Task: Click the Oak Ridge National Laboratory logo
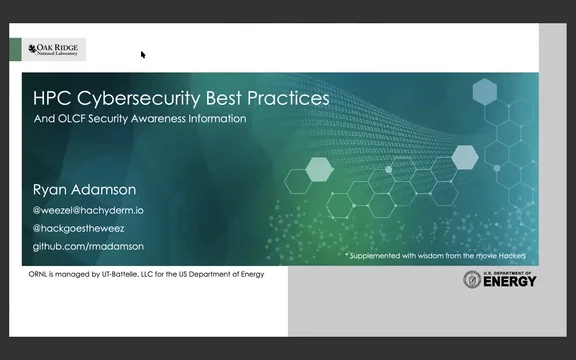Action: click(x=55, y=49)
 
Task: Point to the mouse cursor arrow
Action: click(x=143, y=55)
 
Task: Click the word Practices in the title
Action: click(x=285, y=100)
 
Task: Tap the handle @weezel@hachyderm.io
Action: click(x=90, y=210)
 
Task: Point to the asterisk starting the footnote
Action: click(x=347, y=255)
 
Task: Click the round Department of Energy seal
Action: click(x=472, y=280)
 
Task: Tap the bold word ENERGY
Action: click(x=510, y=282)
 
